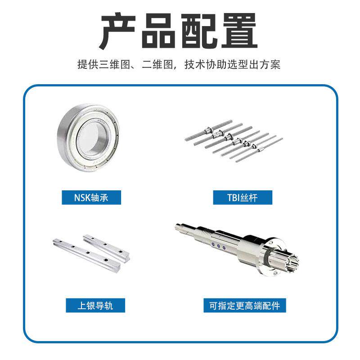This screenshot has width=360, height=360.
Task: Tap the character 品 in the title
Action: click(157, 31)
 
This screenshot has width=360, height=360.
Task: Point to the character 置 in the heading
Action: click(239, 31)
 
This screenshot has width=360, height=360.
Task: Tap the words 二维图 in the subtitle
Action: click(157, 64)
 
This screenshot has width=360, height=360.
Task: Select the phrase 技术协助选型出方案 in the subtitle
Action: click(232, 64)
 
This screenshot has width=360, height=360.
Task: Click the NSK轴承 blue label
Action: click(91, 198)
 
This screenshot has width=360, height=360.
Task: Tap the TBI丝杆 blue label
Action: click(243, 198)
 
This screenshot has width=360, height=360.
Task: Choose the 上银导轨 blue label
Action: click(95, 306)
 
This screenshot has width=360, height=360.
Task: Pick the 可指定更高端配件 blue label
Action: click(245, 306)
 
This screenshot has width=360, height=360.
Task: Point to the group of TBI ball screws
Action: click(234, 140)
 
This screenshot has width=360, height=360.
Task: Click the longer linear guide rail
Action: click(87, 255)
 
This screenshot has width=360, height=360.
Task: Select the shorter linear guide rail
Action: click(106, 248)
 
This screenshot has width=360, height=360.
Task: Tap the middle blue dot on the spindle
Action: click(218, 247)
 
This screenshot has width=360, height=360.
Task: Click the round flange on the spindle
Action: click(274, 256)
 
